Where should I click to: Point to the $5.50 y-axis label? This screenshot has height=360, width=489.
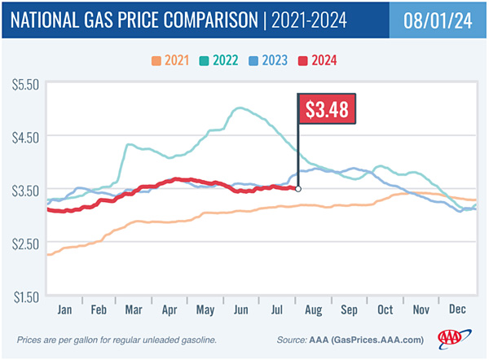[25, 85]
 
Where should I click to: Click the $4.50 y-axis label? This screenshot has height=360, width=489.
[25, 137]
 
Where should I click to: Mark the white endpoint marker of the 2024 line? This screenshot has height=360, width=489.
[298, 189]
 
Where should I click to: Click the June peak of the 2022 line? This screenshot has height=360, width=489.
[239, 108]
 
